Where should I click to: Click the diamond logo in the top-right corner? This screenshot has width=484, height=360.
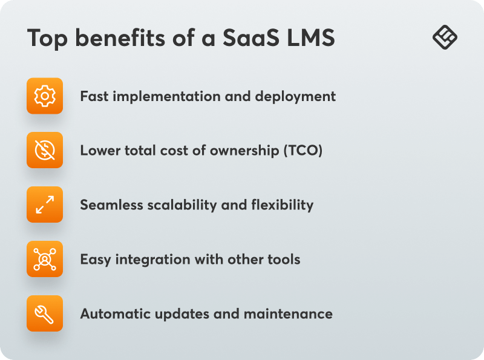point(445,38)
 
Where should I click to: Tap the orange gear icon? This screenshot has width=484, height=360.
point(45,96)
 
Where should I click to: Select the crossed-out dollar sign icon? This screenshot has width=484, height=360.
point(45,150)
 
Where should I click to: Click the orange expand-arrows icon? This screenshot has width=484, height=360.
point(45,205)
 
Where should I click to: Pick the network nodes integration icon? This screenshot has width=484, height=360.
point(45,259)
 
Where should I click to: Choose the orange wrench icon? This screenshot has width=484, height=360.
point(45,313)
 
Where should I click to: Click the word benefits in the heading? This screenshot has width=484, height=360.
point(121,38)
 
